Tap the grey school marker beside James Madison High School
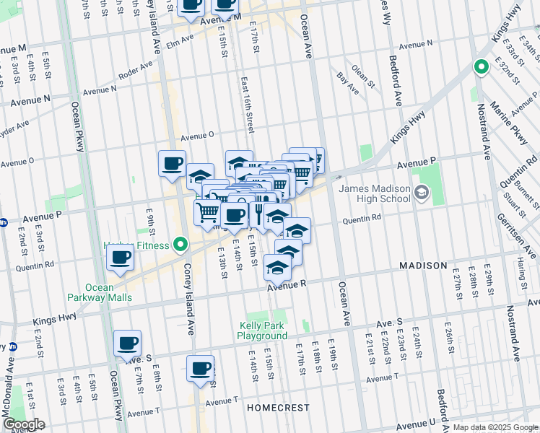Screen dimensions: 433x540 coord(422,193)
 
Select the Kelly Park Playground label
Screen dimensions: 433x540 coord(264,331)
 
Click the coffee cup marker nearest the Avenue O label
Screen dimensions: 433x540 coord(172,164)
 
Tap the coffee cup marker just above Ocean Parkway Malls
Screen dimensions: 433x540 coord(121,258)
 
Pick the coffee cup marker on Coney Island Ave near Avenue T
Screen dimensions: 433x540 coord(200,369)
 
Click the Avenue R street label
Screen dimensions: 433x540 coord(287,286)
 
